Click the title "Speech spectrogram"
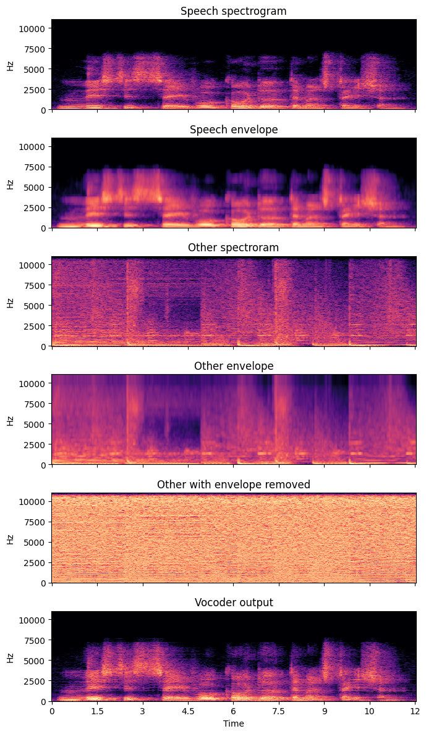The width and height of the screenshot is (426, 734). coord(233,11)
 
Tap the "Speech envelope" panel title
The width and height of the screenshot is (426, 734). coord(233,130)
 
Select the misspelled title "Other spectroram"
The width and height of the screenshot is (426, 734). coord(233,248)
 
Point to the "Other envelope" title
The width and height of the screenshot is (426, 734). coord(233,366)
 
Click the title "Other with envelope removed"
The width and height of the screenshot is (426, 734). coord(233,484)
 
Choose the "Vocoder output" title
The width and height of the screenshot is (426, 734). coord(233,603)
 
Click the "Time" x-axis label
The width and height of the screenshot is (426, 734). coord(233,724)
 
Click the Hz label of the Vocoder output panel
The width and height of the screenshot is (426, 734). coord(11,656)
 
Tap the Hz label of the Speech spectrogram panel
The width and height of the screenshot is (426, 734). coord(11,65)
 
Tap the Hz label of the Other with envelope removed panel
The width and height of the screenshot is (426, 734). coord(11,538)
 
